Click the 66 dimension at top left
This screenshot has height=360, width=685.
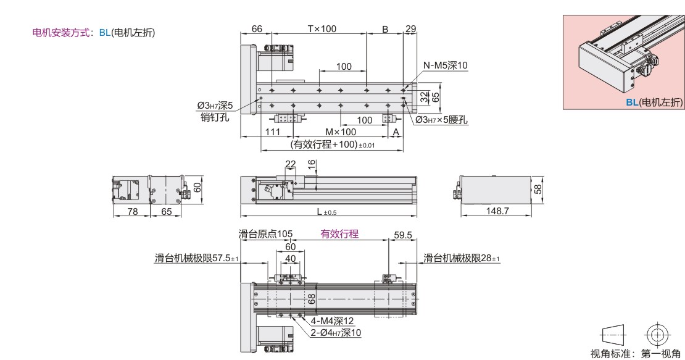tap(257, 29)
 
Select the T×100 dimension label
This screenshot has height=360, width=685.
tap(322, 29)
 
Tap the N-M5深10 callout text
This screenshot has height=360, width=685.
tap(445, 65)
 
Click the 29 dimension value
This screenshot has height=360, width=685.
tap(410, 29)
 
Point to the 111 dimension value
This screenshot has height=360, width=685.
tap(273, 132)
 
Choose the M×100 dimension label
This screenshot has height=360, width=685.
tap(341, 132)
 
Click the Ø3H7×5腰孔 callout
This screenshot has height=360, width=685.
tap(441, 120)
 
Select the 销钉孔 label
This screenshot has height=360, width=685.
tap(215, 117)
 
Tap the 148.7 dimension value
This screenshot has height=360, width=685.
tap(497, 211)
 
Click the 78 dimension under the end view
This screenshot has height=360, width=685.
tap(132, 211)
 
